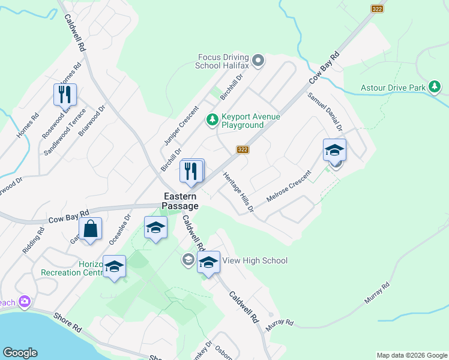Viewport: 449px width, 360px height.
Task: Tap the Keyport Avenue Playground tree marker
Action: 211,121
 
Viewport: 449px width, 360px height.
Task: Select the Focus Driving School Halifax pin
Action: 259,61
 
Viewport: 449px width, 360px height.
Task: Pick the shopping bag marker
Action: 90,229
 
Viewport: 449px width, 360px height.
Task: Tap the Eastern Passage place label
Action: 180,201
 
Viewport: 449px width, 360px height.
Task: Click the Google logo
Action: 20,353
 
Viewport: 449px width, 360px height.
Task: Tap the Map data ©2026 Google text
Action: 411,355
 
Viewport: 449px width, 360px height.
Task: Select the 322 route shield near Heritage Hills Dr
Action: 243,150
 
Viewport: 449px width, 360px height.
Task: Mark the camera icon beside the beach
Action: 25,301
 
